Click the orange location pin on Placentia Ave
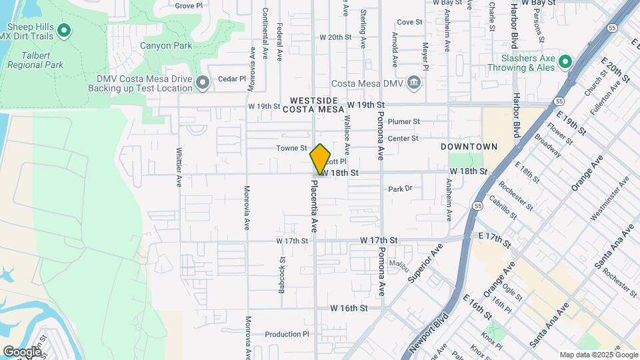point(321,159)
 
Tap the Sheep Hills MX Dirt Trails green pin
point(64,30)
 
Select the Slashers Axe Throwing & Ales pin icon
point(565,62)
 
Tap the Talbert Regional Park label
point(35,65)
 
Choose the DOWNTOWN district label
point(469,146)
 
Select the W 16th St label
point(349,309)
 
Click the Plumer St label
point(403,122)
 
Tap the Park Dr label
point(401,189)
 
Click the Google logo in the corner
point(21,351)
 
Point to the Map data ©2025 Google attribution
point(598,355)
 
